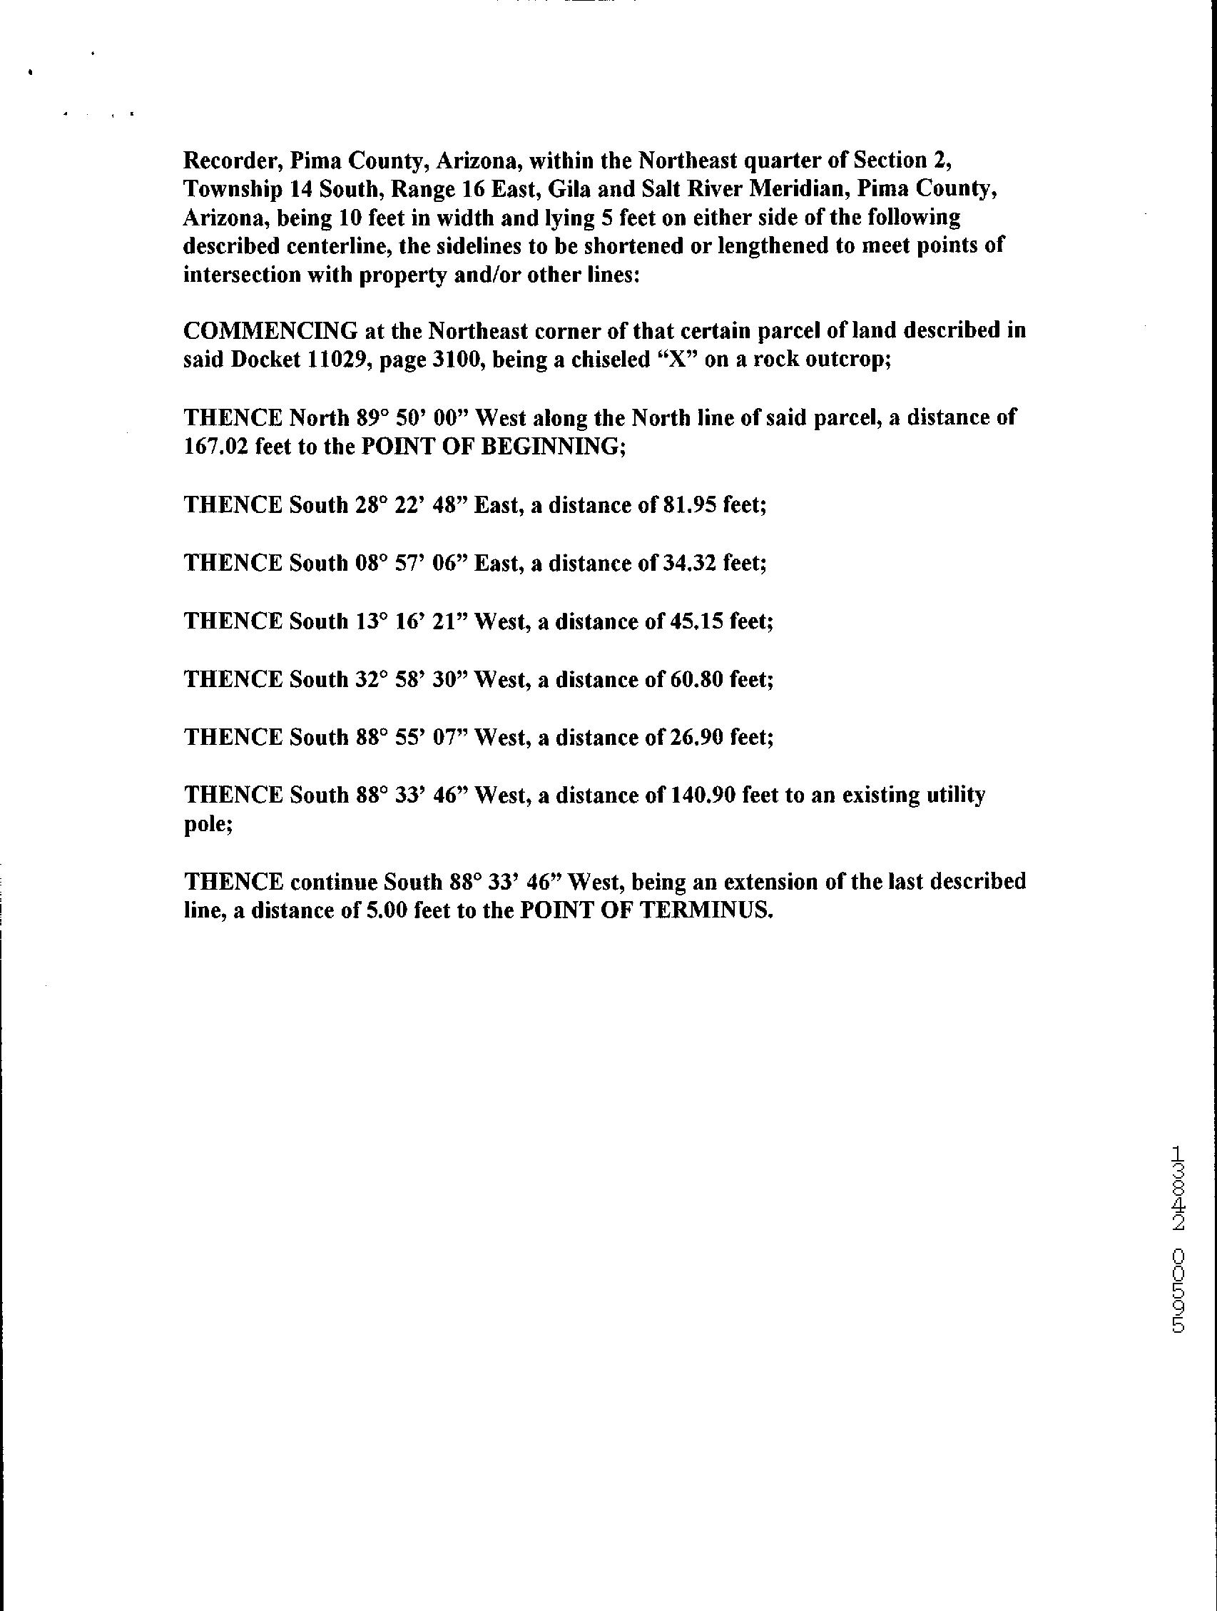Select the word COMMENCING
270,331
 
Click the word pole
208,825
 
